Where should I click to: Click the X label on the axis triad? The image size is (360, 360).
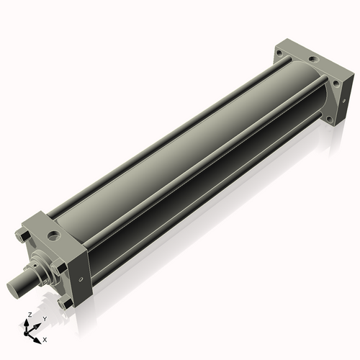tap(45, 338)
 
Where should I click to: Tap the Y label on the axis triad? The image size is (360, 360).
tap(45, 318)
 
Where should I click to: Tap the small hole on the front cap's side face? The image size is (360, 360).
tap(81, 278)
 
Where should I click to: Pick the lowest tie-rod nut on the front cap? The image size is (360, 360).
tap(66, 303)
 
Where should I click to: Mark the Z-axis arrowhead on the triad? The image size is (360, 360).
tap(27, 322)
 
